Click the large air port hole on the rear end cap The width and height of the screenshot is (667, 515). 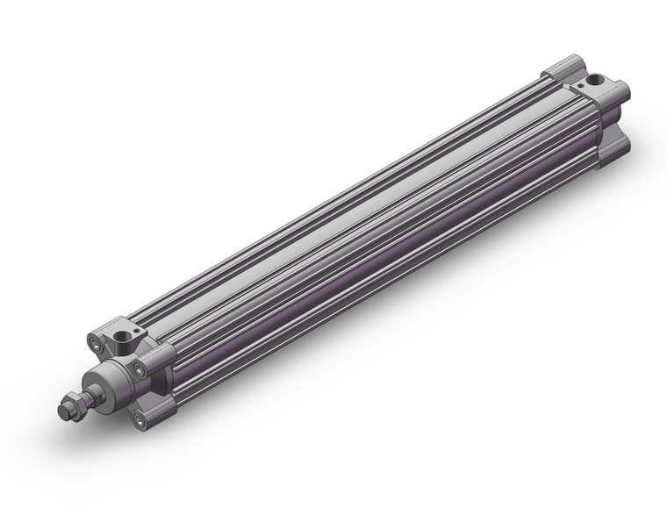[x=597, y=80]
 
